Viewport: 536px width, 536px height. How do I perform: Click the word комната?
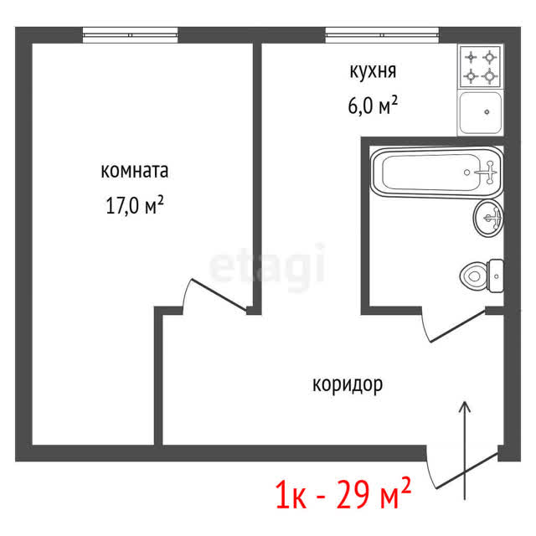134,171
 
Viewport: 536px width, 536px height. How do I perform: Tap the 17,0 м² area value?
135,205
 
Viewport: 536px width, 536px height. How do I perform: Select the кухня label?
373,71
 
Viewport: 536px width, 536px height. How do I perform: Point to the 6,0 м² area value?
373,105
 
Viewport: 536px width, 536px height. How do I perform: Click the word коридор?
348,385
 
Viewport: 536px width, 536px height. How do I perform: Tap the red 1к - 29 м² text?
343,493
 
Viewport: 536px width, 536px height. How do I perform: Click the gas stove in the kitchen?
480,67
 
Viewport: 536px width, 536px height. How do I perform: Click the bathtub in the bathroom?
436,173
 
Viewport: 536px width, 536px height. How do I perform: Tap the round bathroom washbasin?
488,218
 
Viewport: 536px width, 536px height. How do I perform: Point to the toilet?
482,276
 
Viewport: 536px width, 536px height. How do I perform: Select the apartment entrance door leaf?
467,471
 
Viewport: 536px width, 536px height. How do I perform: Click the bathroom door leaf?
457,326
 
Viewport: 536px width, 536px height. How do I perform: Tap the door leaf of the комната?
219,295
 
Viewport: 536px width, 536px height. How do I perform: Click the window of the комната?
131,35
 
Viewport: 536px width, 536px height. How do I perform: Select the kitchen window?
382,35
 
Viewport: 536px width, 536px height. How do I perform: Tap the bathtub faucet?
487,173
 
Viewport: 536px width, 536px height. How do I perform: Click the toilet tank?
496,276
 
